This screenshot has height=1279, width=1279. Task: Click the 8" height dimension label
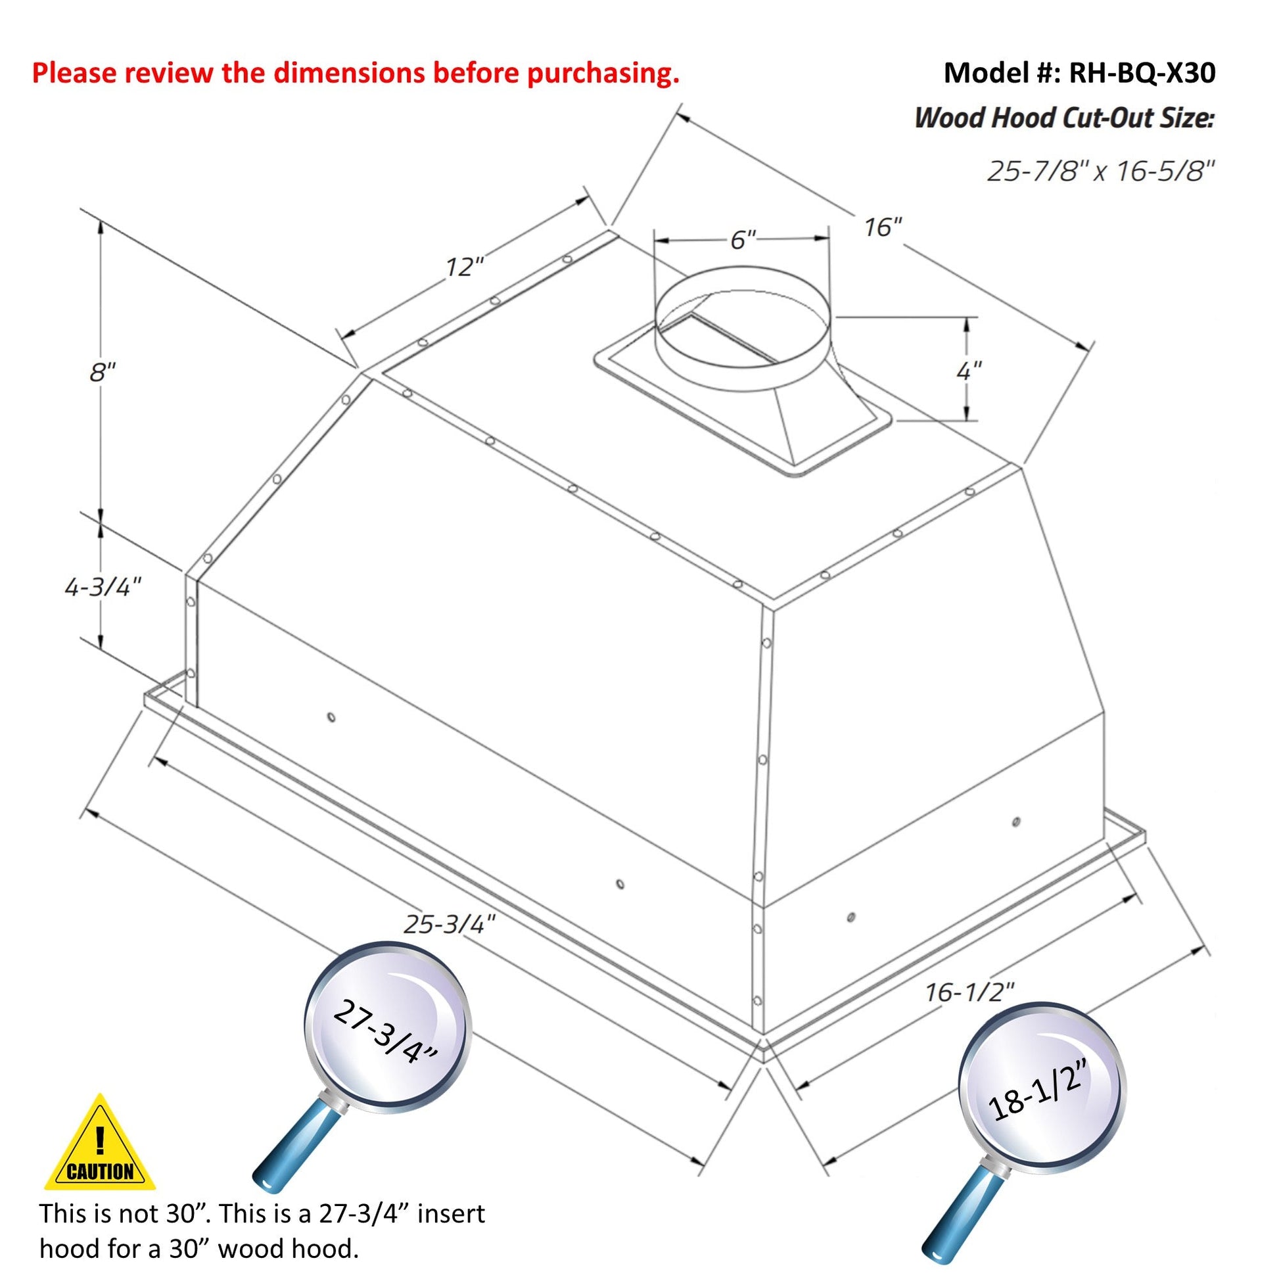pyautogui.click(x=103, y=373)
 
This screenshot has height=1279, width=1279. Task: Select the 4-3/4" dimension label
pyautogui.click(x=103, y=586)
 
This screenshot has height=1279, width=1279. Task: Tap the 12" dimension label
pyautogui.click(x=464, y=267)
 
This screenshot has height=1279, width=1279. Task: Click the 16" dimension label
pyautogui.click(x=883, y=227)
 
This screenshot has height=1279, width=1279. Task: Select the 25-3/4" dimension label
pyautogui.click(x=450, y=924)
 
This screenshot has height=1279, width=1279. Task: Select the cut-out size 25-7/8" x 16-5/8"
pyautogui.click(x=1101, y=172)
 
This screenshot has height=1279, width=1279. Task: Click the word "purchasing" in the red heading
pyautogui.click(x=603, y=74)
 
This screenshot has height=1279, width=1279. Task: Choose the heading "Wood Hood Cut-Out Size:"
pyautogui.click(x=1064, y=118)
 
